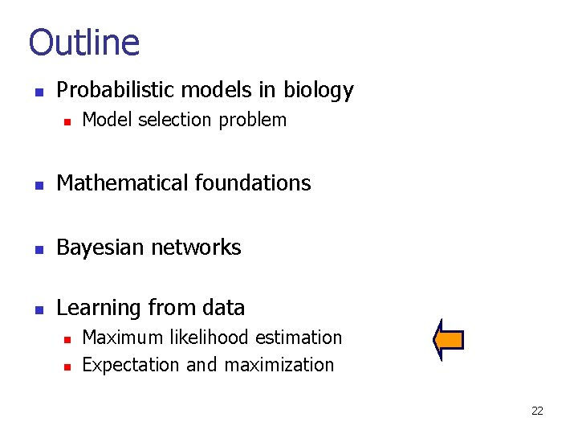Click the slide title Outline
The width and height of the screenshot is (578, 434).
(x=84, y=43)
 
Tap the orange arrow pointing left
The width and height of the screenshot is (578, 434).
(x=449, y=340)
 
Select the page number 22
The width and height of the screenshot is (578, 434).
(x=537, y=411)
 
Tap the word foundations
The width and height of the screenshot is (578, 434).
(x=253, y=183)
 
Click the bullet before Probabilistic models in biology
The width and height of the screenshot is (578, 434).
(x=37, y=91)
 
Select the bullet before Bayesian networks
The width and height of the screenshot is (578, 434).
(x=37, y=248)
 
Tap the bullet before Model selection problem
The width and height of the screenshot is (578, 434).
(x=68, y=121)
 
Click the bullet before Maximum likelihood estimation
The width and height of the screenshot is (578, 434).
(x=68, y=338)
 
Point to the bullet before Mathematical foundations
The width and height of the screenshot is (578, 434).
(x=37, y=184)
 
